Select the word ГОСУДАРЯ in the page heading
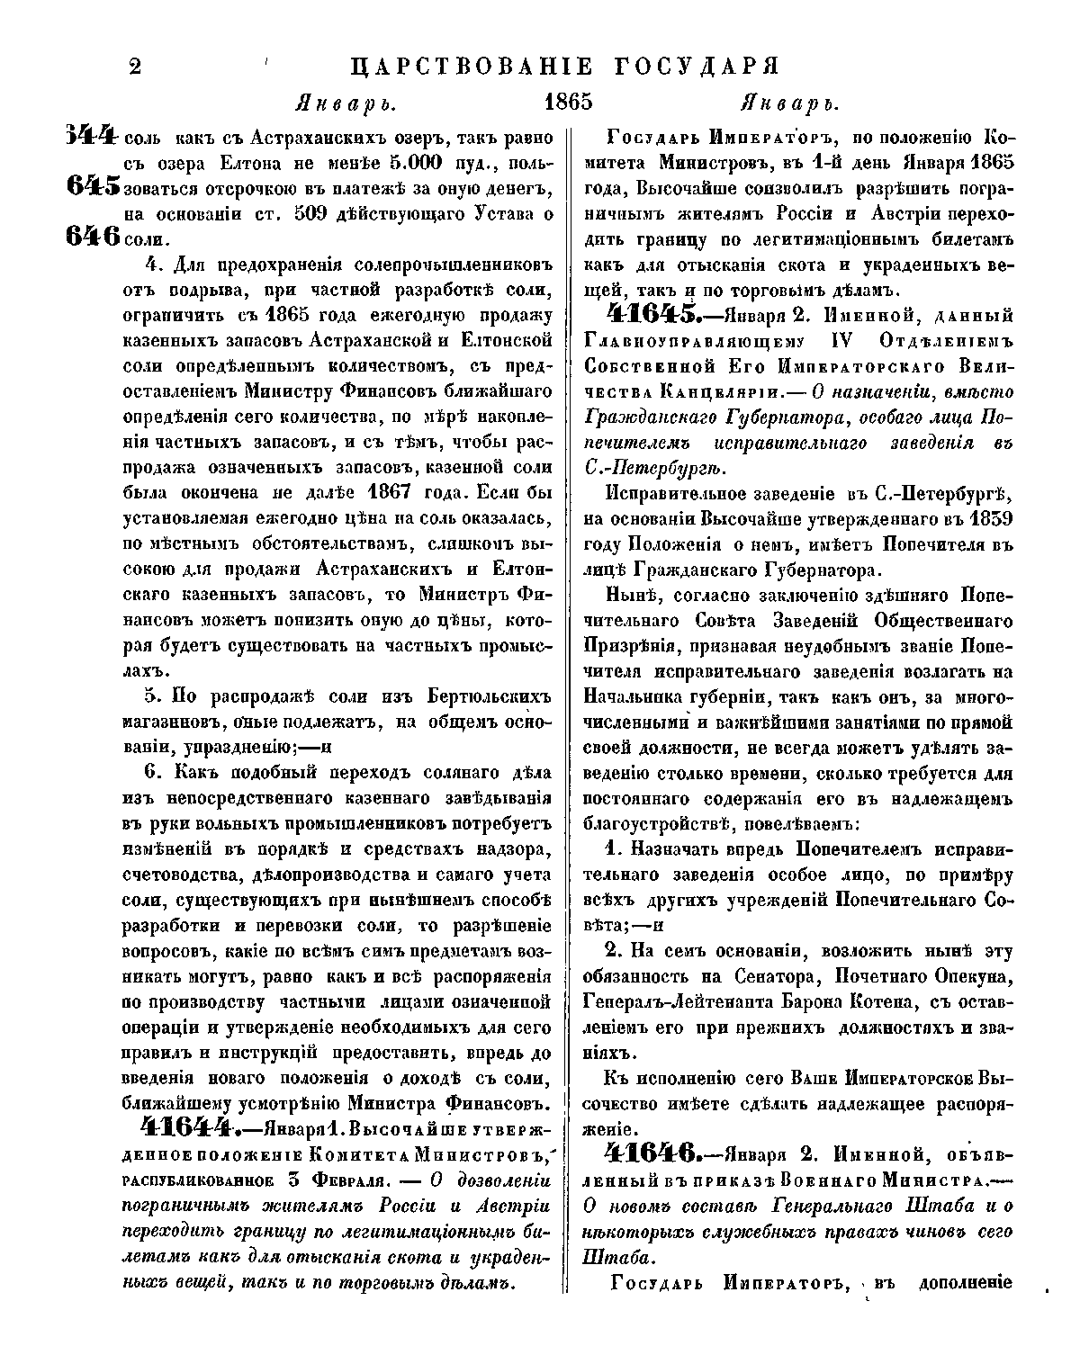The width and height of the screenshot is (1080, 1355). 697,67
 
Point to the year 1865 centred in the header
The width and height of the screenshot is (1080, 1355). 568,101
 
